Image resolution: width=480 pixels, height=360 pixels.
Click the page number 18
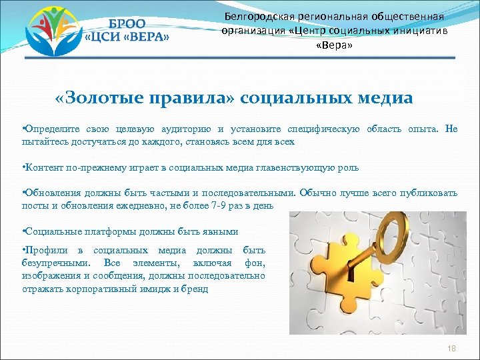(451, 349)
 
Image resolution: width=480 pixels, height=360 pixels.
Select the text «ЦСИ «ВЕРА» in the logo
(128, 37)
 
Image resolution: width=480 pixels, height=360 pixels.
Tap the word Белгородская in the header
(255, 16)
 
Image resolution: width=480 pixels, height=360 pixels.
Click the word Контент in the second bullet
(43, 167)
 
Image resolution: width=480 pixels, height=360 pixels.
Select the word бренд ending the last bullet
(195, 289)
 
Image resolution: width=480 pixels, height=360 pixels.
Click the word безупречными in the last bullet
(54, 263)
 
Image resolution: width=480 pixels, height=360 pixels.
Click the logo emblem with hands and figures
(50, 30)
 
